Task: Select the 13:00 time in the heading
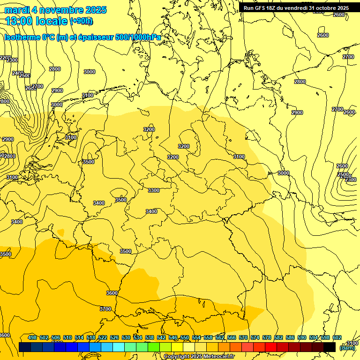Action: pos(19,21)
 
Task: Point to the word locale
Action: pos(51,21)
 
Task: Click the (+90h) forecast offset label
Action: pos(82,21)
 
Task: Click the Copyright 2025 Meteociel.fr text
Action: pos(199,357)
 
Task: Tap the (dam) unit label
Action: pos(347,347)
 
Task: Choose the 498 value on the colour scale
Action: pos(32,337)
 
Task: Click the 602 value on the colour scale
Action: pos(337,337)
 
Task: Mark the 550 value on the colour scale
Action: pos(185,337)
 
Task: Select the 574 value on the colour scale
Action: pos(255,337)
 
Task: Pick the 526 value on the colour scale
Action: pos(114,337)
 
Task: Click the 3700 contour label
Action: pos(105,309)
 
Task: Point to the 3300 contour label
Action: pos(154,190)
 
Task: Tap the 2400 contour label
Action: pos(17,73)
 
